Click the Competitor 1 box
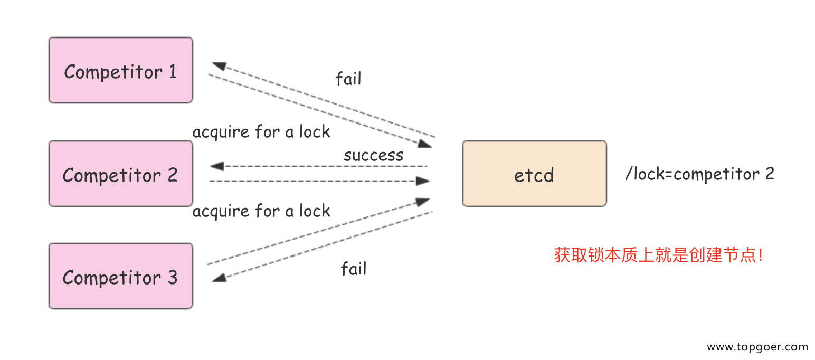click(120, 70)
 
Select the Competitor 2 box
click(120, 174)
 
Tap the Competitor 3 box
click(120, 276)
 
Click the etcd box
click(534, 174)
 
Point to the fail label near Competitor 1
click(348, 79)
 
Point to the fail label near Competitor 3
click(353, 269)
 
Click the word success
click(373, 155)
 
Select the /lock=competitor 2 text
click(699, 174)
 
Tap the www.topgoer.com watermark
click(757, 347)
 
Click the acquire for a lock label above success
click(261, 132)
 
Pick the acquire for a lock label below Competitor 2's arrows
click(261, 212)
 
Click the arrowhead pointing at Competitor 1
click(219, 66)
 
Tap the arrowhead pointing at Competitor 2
click(216, 167)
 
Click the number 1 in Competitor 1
click(172, 71)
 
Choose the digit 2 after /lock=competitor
click(769, 174)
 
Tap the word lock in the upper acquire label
click(315, 132)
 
